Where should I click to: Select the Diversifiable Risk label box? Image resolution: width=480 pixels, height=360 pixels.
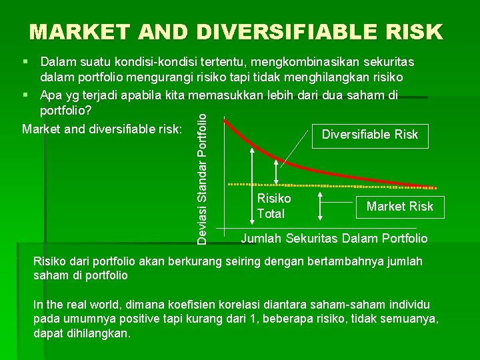pos(369,135)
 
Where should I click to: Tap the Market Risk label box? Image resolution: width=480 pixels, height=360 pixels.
pos(399,207)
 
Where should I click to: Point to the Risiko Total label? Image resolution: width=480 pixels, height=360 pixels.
pos(273,206)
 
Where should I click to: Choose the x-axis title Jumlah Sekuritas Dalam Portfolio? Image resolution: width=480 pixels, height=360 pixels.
pos(333,238)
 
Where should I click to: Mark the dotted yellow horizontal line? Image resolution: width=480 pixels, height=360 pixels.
pos(373,185)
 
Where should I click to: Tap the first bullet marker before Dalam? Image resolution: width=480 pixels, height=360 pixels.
pos(25,61)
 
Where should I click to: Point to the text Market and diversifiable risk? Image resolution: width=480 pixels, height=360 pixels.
pos(102,128)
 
